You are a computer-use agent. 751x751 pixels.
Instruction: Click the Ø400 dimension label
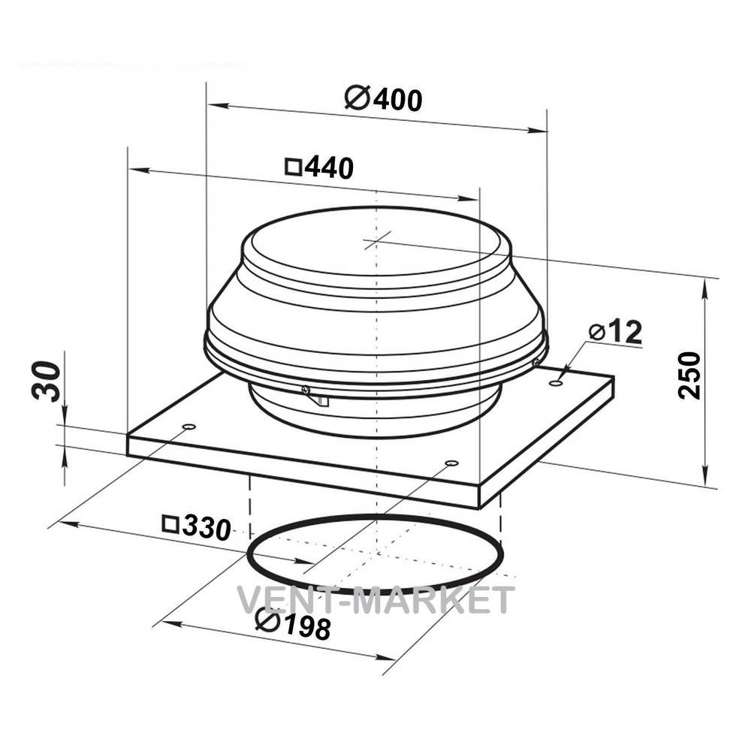click(x=384, y=98)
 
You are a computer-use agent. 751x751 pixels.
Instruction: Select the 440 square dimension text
click(x=319, y=167)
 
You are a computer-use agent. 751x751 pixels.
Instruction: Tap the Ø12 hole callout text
click(x=616, y=331)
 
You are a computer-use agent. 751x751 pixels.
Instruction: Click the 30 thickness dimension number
click(x=47, y=381)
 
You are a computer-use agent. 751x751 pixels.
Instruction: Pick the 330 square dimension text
click(x=197, y=527)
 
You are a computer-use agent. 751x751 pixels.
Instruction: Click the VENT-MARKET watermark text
click(x=376, y=599)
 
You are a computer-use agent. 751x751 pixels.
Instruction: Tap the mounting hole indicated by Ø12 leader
click(x=556, y=383)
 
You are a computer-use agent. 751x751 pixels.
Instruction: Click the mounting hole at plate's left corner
click(x=189, y=427)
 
